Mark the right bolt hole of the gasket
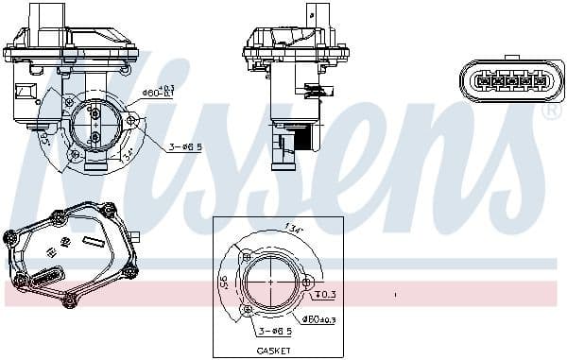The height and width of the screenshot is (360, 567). [308, 281]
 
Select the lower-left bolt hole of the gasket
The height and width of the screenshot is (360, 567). [249, 308]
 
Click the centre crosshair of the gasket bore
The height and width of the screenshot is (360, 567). [272, 282]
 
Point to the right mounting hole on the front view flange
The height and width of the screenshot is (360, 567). [130, 120]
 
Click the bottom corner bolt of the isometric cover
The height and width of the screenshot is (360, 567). [68, 301]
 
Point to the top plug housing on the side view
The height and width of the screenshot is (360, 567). [283, 13]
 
